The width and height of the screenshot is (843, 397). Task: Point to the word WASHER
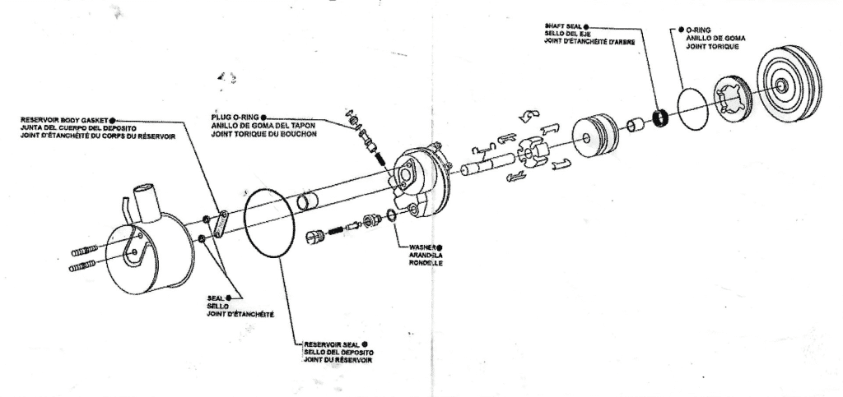pos(421,247)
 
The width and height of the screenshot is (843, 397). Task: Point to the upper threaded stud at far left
pos(86,248)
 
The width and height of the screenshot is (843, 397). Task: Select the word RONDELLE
pos(425,264)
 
